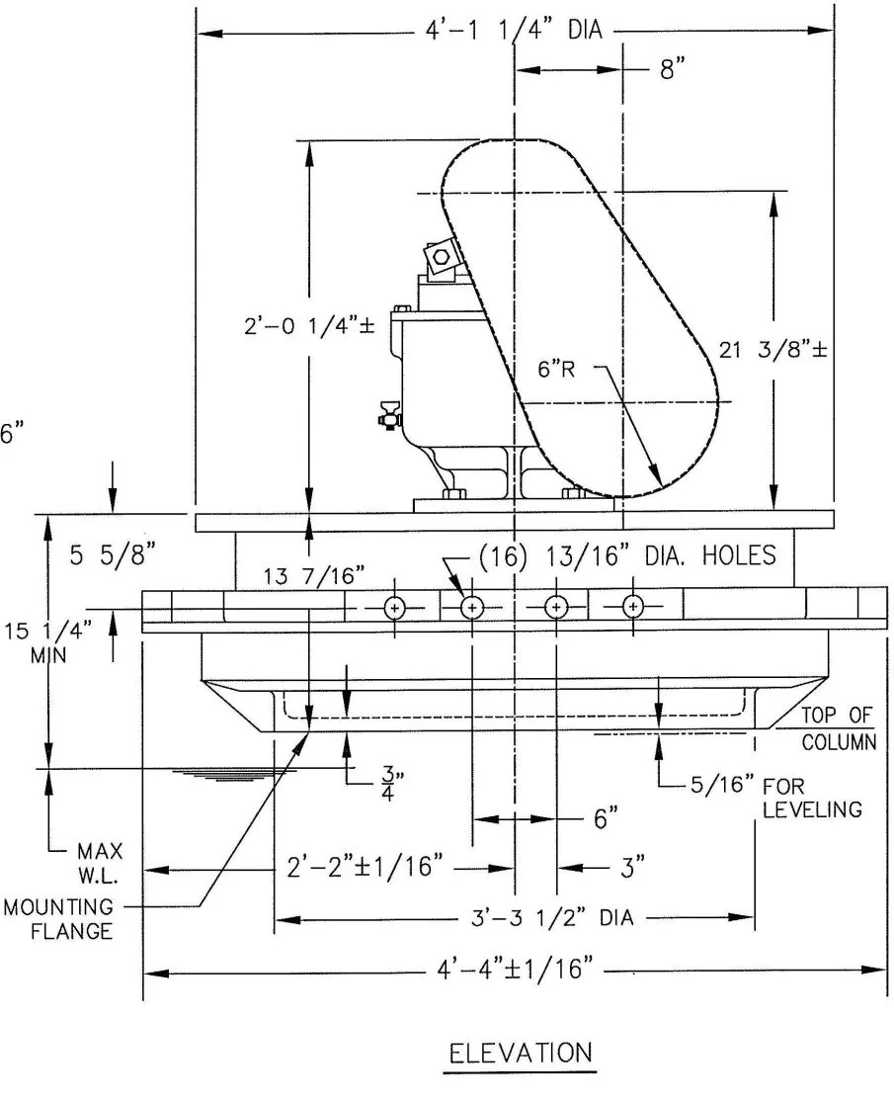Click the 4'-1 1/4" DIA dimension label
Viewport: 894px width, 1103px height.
click(x=506, y=31)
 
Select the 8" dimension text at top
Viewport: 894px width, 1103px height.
click(x=673, y=69)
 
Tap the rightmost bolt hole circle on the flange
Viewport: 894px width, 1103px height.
click(x=633, y=606)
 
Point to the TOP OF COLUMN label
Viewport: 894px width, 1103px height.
click(x=837, y=729)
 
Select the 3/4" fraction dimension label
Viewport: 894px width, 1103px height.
click(x=387, y=778)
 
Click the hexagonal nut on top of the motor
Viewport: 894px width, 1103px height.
click(x=441, y=257)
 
